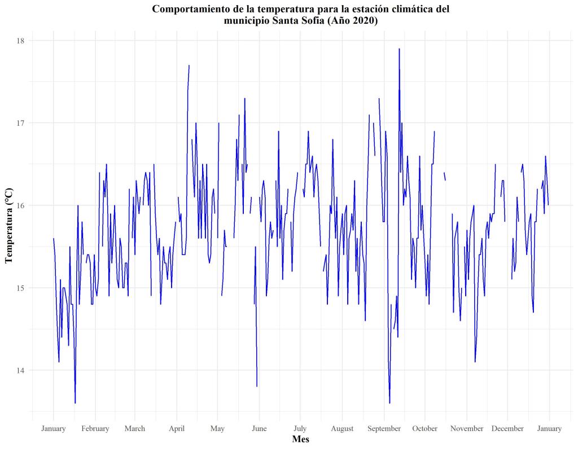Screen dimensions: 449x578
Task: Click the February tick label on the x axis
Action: click(x=95, y=429)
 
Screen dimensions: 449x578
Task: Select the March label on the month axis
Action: click(x=134, y=429)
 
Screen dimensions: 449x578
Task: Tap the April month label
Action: click(x=177, y=429)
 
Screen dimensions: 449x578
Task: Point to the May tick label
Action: click(x=217, y=429)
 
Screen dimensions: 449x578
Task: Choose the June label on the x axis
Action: click(x=259, y=429)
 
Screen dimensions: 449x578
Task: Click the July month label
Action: click(x=300, y=429)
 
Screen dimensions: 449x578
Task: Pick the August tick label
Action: click(x=342, y=429)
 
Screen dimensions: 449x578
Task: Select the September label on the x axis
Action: click(x=384, y=429)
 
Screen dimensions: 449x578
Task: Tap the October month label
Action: click(x=425, y=429)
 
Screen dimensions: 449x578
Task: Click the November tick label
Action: click(x=467, y=429)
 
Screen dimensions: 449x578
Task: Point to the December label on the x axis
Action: click(x=507, y=429)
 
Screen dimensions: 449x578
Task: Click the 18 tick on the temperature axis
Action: click(x=21, y=41)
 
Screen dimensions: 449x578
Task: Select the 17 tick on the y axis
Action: click(x=21, y=123)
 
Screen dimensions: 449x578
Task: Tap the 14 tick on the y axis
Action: click(x=21, y=371)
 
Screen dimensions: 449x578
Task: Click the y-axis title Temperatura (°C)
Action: click(x=8, y=226)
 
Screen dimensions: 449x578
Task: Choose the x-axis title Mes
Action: click(x=300, y=439)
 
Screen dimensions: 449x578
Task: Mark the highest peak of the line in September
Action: click(x=399, y=49)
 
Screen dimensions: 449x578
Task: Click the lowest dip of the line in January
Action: click(x=75, y=403)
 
